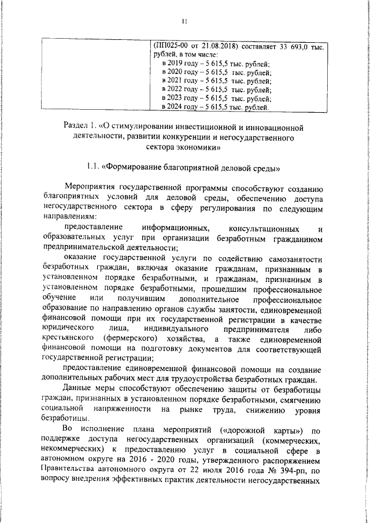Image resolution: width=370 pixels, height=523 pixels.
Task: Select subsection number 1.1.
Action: click(x=92, y=169)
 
